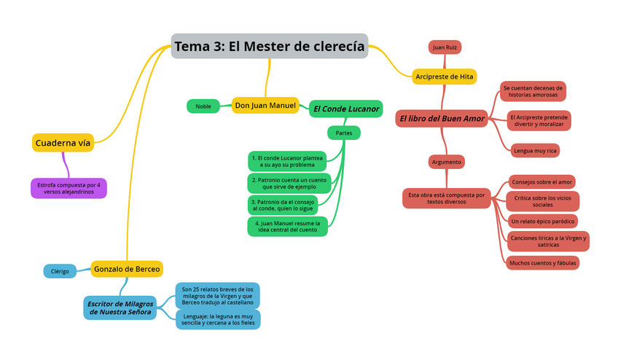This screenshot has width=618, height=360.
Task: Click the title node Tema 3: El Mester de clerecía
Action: click(269, 47)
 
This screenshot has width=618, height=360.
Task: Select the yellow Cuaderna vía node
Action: click(63, 143)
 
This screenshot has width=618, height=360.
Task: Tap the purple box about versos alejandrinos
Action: click(69, 188)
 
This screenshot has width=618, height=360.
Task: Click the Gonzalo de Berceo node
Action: click(127, 269)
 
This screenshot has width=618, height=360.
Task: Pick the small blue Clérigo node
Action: click(60, 271)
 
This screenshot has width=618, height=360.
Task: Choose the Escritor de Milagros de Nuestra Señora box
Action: click(120, 308)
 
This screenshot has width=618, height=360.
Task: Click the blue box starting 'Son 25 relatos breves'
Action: click(217, 296)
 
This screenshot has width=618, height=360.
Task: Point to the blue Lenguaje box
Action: click(217, 320)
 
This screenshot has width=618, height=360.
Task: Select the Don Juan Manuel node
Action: click(265, 106)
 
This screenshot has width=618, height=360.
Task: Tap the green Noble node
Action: click(203, 106)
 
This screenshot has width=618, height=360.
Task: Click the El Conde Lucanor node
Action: click(345, 109)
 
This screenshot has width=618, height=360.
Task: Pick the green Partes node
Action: click(343, 133)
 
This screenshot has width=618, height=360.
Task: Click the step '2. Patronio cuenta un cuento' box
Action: click(289, 183)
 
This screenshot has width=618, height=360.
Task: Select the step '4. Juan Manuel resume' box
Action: click(287, 226)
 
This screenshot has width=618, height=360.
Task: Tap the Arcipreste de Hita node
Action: click(444, 77)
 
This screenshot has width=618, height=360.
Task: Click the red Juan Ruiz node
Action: click(445, 47)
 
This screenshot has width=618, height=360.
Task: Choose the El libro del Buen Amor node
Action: click(442, 118)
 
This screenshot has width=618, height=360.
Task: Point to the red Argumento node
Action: click(446, 162)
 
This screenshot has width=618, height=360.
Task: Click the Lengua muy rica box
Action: click(535, 151)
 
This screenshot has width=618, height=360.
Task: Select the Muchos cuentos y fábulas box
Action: click(542, 263)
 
